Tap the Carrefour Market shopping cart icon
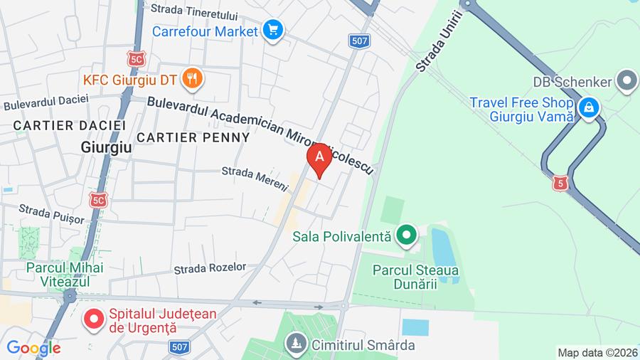[x=272, y=31]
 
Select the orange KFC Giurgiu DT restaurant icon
[x=191, y=78]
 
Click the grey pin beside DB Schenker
[x=626, y=81]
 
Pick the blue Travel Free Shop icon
[x=589, y=108]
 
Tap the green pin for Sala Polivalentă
[x=406, y=235]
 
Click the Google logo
[x=33, y=348]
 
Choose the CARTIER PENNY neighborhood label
[x=193, y=137]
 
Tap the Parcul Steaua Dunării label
[x=415, y=277]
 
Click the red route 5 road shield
[x=562, y=184]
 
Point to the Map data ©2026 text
[x=597, y=352]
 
